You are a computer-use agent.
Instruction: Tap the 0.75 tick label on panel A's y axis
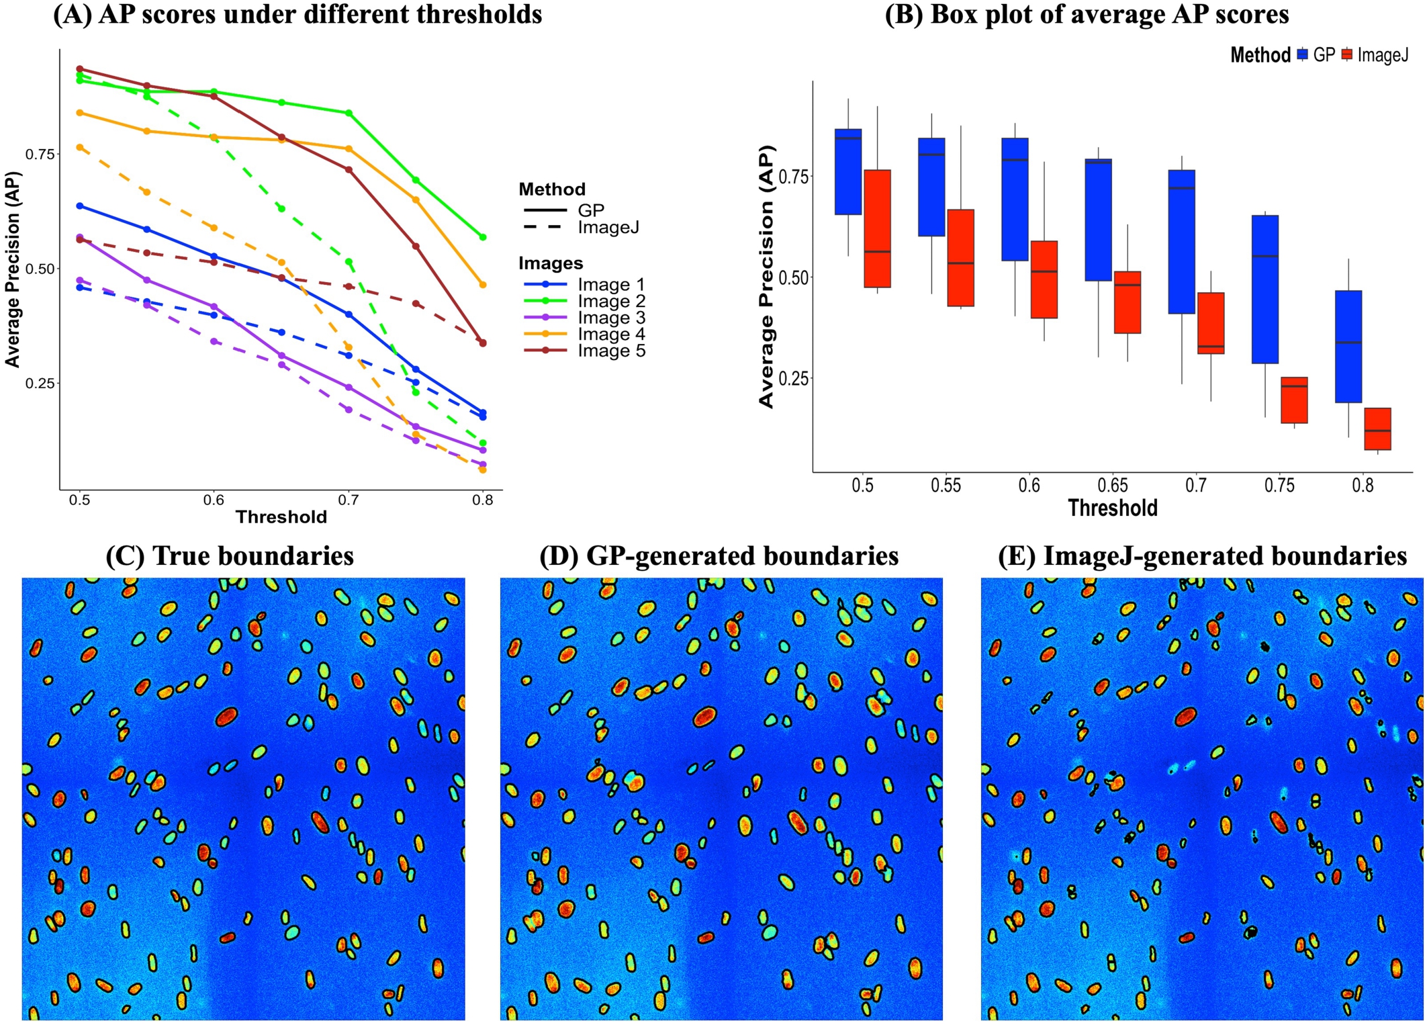40,154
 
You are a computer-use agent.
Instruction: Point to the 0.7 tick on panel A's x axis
348,500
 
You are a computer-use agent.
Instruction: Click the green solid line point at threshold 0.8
482,237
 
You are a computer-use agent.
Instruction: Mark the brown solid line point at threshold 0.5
80,69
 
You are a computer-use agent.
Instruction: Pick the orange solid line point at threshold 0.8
482,285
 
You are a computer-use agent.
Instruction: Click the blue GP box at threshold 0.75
1264,289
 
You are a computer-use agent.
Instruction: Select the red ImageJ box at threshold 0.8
1377,429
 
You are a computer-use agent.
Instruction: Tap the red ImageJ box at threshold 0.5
877,228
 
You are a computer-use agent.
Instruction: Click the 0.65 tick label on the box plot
1112,485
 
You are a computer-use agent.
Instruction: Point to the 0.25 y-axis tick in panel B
794,378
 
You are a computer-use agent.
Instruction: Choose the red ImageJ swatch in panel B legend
1346,55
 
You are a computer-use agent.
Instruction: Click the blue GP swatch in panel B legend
1303,55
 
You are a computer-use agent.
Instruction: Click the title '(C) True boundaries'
229,555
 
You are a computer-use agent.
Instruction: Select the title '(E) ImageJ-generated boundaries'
1201,555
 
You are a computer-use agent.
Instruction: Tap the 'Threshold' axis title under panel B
1112,508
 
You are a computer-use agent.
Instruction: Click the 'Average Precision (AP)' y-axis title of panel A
12,269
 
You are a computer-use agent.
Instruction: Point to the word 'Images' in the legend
550,263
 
